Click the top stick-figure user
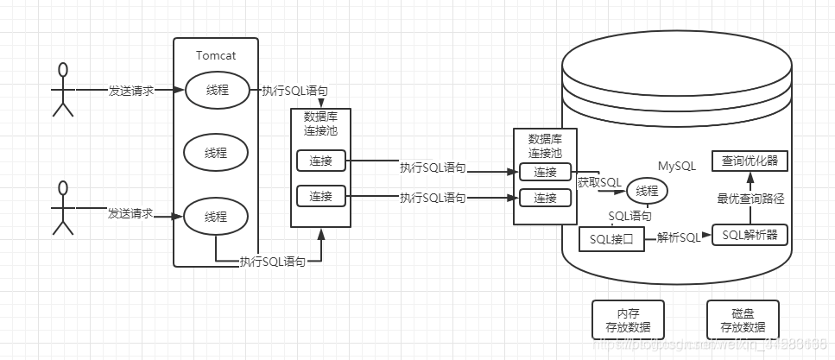[x=61, y=89]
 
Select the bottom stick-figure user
[x=61, y=208]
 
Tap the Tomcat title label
[x=216, y=55]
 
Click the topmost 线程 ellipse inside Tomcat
[x=216, y=90]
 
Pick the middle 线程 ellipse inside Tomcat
[x=216, y=153]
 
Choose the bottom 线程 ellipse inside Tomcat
[x=216, y=215]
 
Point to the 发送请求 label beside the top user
[x=131, y=90]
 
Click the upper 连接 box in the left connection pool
[x=320, y=161]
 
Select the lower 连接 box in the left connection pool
[x=320, y=196]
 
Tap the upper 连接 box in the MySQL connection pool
[x=545, y=172]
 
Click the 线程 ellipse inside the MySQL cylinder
[x=647, y=191]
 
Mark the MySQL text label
[x=677, y=165]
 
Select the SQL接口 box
[x=611, y=237]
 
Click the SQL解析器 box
[x=750, y=236]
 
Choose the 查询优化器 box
[x=749, y=161]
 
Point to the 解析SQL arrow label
[x=679, y=237]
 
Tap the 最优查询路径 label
[x=750, y=198]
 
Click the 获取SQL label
[x=598, y=182]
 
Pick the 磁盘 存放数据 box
[x=743, y=319]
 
